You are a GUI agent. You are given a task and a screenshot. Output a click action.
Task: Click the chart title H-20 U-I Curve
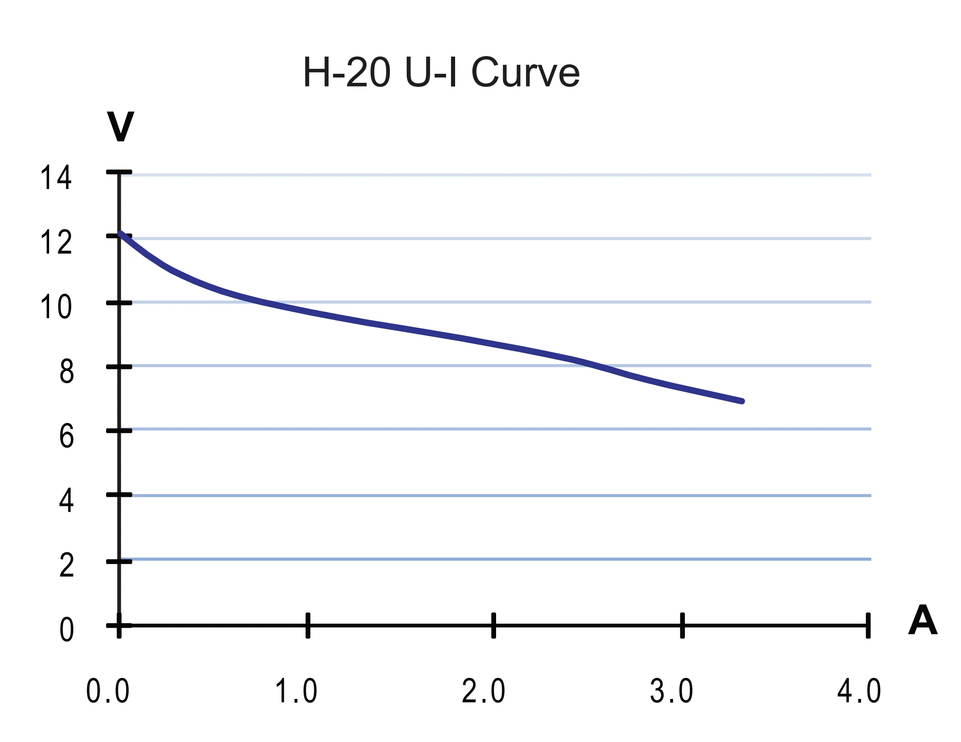pos(441,72)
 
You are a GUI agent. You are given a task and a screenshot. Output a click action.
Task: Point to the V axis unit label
pos(120,126)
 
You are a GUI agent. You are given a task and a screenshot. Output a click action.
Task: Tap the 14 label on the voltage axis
pos(55,178)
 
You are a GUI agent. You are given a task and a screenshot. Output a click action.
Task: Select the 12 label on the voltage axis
pos(55,242)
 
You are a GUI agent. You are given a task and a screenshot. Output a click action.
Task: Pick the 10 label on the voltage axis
pos(55,307)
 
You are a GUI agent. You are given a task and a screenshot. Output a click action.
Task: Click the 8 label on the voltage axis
pos(66,371)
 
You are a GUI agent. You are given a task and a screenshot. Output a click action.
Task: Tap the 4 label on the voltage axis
pos(66,501)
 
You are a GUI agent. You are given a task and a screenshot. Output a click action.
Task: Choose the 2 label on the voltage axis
pos(66,565)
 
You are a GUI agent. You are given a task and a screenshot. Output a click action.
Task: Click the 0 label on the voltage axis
pos(66,630)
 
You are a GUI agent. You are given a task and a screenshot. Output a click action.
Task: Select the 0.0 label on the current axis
pos(107,691)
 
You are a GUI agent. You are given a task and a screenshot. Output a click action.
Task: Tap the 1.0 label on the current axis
pos(296,691)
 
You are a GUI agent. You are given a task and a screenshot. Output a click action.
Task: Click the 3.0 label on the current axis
pos(671,691)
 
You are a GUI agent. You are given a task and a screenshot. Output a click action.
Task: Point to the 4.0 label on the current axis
pos(859,691)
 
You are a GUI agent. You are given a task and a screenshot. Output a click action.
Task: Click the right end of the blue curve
pos(742,401)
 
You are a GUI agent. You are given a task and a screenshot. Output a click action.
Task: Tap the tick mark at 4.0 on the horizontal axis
pos(868,625)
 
